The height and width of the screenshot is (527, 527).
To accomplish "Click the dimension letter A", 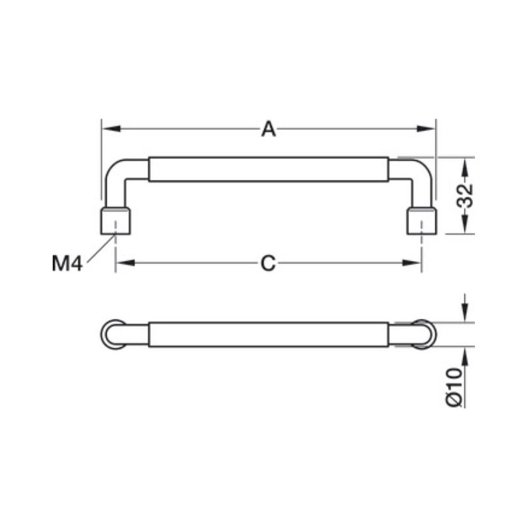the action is pos(269,129).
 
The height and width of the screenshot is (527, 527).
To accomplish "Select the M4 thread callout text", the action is pos(67,263).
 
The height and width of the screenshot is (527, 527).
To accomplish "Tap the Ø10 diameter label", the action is pos(453,387).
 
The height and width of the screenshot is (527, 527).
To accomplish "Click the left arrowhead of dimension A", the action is pos(111,128).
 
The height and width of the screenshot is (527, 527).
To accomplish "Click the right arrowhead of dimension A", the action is pos(426,128).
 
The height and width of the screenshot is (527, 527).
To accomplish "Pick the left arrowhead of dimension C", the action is pos(125,262).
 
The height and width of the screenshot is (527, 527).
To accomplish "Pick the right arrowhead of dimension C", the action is pos(412,262).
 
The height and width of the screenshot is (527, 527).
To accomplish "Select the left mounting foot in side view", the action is pos(115,221).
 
